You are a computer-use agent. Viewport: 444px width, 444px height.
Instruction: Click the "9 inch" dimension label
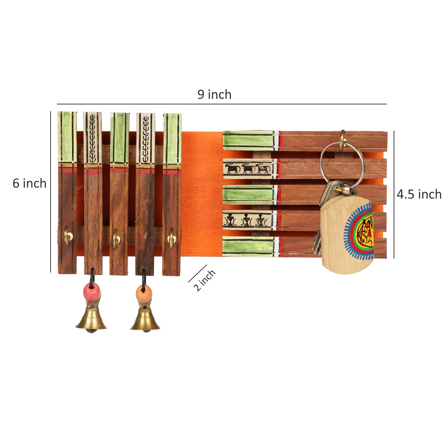tap(214, 95)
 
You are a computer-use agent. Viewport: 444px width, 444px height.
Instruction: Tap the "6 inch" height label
tap(29, 184)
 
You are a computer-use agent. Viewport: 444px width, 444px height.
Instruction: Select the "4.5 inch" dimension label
tap(419, 194)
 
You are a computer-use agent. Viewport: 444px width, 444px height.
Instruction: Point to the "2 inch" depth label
tap(204, 280)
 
